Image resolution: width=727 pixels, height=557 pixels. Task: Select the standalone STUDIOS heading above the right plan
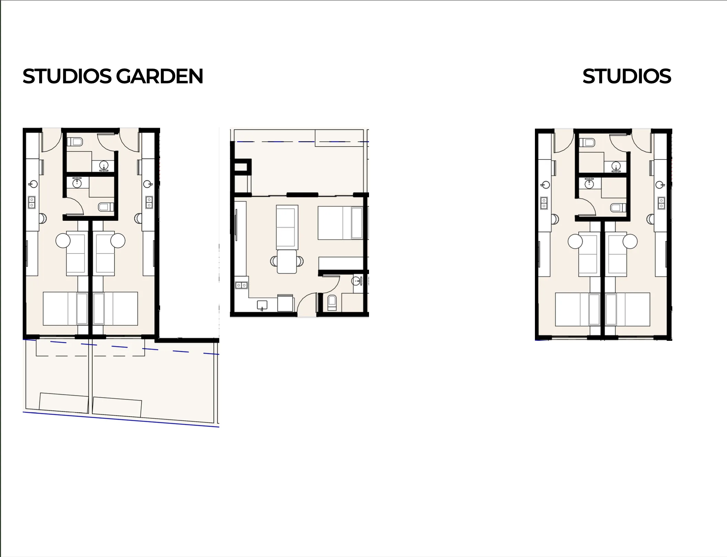click(627, 76)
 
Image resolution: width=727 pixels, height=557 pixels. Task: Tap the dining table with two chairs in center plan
click(287, 261)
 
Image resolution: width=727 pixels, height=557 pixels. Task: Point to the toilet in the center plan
click(332, 303)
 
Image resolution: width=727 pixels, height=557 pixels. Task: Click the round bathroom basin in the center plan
click(357, 281)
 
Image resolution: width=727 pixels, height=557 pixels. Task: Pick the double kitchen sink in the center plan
click(241, 285)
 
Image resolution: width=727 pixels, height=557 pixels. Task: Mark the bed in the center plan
click(340, 223)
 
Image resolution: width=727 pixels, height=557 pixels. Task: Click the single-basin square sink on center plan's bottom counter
click(262, 305)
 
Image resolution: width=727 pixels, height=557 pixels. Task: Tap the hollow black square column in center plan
click(243, 167)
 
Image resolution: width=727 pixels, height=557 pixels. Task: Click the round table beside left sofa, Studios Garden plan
click(63, 240)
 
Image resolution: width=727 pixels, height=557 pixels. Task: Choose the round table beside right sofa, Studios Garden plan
click(118, 240)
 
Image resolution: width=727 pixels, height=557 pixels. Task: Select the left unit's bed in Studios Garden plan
click(65, 309)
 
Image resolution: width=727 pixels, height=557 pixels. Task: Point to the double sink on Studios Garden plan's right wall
click(149, 202)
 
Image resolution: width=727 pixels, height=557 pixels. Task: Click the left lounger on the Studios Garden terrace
click(64, 403)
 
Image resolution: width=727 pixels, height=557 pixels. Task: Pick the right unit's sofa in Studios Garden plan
click(105, 254)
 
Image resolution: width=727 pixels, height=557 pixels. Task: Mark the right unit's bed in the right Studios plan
click(628, 309)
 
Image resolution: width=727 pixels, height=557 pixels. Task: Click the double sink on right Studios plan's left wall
click(544, 203)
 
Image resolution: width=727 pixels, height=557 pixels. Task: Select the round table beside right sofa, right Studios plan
click(630, 241)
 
